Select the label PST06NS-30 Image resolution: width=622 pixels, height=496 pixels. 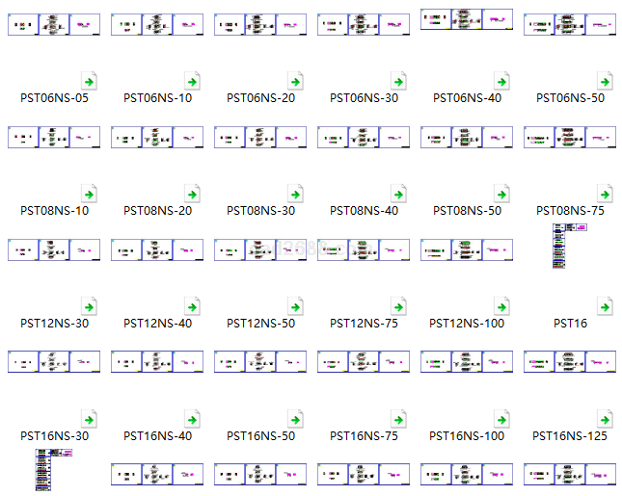point(364,98)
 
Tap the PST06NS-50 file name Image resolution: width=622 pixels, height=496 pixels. point(570,98)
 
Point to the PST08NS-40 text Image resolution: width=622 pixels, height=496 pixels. point(364,211)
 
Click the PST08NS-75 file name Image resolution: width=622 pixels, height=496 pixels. point(570,211)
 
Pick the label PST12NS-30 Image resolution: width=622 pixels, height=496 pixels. point(54,324)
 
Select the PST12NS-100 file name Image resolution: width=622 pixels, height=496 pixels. point(467,324)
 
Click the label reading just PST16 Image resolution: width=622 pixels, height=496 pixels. point(570,324)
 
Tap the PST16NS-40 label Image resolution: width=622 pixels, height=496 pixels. point(157,436)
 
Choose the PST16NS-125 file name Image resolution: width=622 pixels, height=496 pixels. point(570,436)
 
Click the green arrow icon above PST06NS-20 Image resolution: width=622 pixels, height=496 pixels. point(294,82)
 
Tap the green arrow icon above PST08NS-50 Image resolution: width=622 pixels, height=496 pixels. point(500,195)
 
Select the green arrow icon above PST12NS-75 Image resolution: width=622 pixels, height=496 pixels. point(397,307)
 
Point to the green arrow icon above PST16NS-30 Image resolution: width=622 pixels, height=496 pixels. point(88,420)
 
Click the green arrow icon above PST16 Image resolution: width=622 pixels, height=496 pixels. point(604,307)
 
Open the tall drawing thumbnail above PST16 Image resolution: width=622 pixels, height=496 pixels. point(570,246)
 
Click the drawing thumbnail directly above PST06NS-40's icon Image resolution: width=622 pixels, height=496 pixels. point(467,19)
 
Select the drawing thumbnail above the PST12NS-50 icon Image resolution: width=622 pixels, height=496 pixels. point(260,250)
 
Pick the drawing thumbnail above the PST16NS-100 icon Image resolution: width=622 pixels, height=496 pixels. point(467,362)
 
